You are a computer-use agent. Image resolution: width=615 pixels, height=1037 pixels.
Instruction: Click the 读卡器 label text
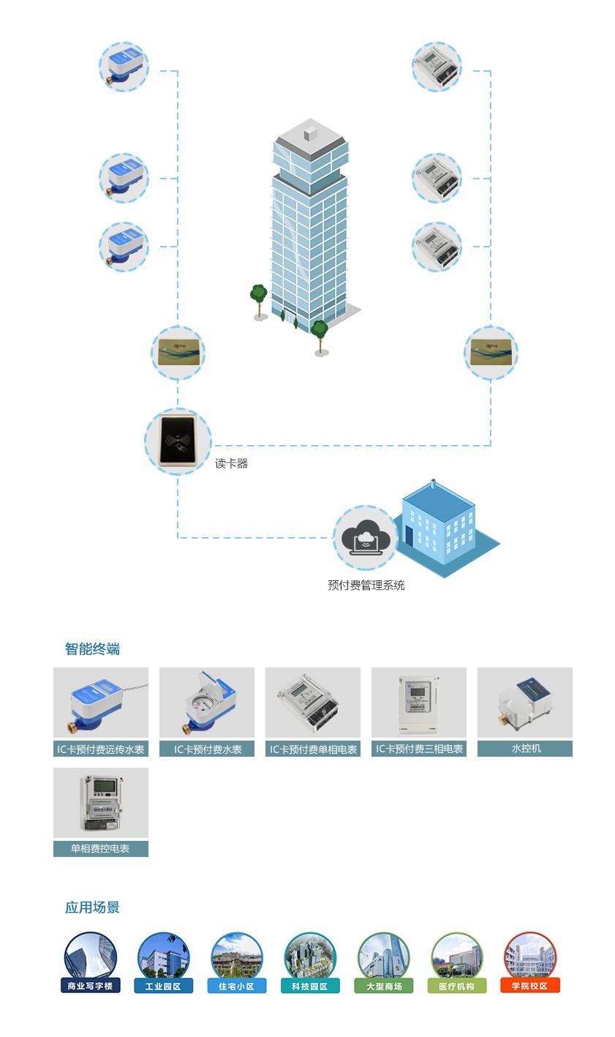click(x=231, y=464)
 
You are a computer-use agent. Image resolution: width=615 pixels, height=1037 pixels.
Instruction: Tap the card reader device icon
click(x=178, y=441)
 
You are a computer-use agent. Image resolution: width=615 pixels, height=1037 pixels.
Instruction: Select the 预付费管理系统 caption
click(x=366, y=585)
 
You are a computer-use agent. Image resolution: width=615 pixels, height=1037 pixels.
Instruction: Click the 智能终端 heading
click(x=92, y=649)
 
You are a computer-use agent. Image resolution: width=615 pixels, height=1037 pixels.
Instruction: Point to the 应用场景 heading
click(x=92, y=907)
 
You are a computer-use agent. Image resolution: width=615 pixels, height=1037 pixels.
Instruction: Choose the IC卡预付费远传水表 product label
click(x=101, y=749)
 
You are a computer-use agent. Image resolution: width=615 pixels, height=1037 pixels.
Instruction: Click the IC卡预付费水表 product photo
click(x=207, y=703)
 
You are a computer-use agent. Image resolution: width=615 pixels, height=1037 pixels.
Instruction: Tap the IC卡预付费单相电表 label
click(x=313, y=749)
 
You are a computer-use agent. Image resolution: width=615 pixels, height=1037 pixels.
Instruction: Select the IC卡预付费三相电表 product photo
click(x=419, y=703)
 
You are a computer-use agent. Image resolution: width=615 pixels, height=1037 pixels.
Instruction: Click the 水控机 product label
click(x=525, y=749)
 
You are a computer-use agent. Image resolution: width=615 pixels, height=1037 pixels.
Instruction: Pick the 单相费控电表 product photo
click(x=101, y=803)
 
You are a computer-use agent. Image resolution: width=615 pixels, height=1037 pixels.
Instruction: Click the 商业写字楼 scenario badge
click(x=91, y=987)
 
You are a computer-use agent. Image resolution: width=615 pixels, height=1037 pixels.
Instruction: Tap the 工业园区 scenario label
click(x=164, y=987)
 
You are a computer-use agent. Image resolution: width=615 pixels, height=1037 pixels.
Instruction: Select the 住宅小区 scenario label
click(x=237, y=987)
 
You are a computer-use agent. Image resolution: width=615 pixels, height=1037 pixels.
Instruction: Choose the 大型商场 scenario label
click(x=384, y=987)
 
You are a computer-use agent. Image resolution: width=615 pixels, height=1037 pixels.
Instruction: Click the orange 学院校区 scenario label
click(x=530, y=987)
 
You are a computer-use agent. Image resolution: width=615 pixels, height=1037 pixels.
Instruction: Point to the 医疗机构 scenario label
click(x=457, y=987)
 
